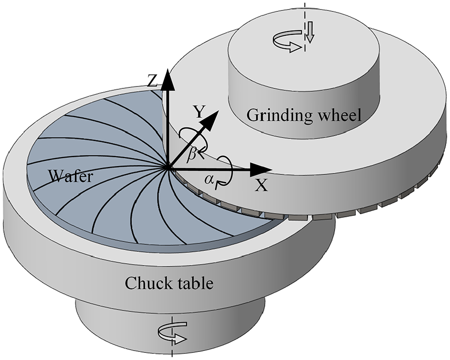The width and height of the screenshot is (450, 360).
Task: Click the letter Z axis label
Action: point(152,83)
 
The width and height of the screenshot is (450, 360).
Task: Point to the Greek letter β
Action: point(191,154)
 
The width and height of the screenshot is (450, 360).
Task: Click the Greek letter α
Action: point(208,180)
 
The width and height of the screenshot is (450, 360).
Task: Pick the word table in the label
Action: point(193,284)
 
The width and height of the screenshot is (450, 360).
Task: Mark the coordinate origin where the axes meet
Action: point(167,168)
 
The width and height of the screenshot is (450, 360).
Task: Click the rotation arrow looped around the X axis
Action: point(226,169)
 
